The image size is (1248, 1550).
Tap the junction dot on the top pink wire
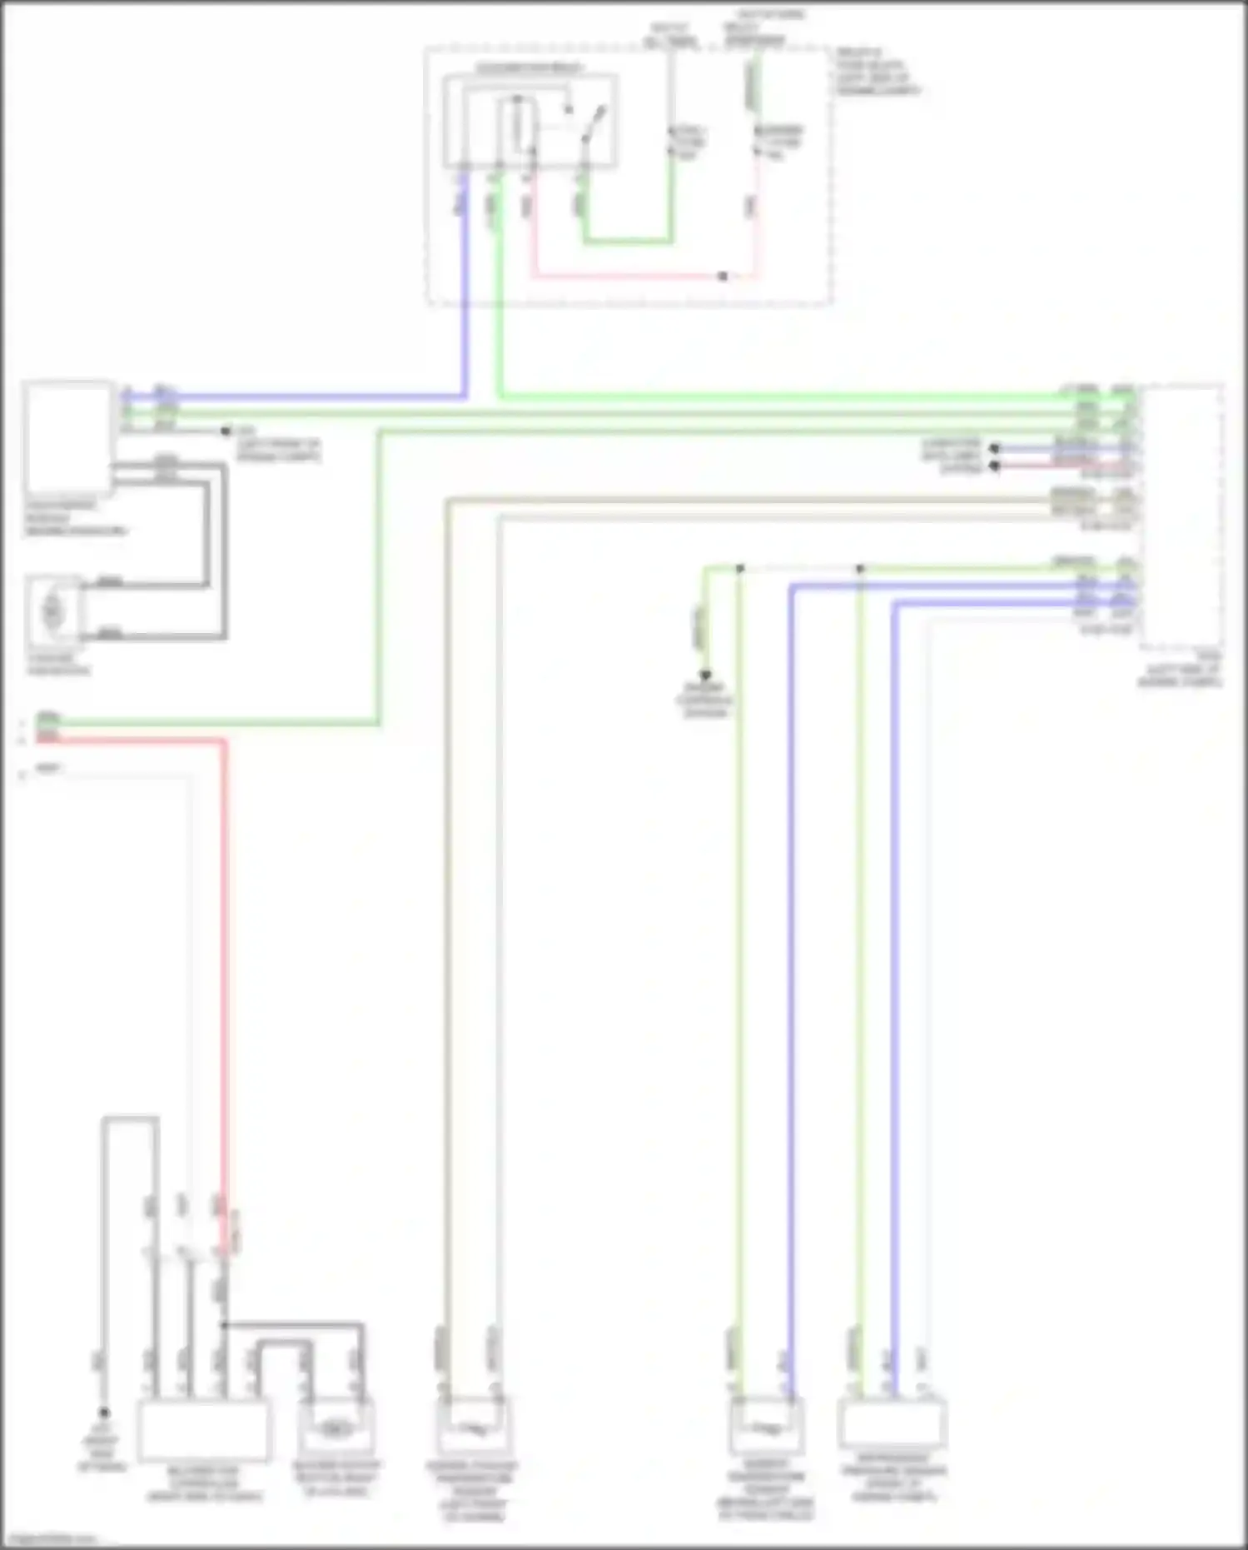723,277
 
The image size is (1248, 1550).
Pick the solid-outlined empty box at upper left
68,436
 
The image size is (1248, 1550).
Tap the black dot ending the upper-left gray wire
225,431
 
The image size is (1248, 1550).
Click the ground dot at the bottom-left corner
104,1413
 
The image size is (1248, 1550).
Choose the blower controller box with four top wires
202,1429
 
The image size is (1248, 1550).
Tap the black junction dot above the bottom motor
223,1324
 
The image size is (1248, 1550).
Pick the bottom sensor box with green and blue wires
766,1426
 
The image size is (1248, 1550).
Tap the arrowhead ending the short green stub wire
705,675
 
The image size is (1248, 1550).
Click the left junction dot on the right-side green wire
740,569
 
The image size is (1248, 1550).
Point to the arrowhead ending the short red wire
994,466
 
